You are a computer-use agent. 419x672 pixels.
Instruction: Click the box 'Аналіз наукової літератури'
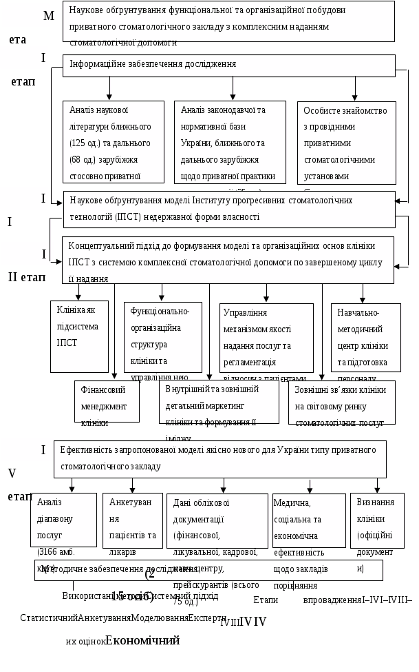[x=114, y=143]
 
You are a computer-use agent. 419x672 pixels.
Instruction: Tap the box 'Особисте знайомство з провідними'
[x=347, y=143]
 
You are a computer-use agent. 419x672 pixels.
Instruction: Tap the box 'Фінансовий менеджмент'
[x=107, y=402]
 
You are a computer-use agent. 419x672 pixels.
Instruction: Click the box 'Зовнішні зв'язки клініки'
[x=342, y=402]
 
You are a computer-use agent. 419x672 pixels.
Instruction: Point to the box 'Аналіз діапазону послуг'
[x=64, y=520]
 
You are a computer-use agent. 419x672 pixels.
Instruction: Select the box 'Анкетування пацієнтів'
[x=133, y=520]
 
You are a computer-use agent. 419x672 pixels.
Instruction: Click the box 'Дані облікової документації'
[x=217, y=520]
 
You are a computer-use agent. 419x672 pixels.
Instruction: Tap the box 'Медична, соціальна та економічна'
[x=309, y=520]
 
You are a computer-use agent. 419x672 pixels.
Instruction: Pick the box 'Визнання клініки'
[x=376, y=520]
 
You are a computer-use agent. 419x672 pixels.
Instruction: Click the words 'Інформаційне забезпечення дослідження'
[x=153, y=64]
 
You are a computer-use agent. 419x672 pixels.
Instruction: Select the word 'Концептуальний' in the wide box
[x=101, y=246]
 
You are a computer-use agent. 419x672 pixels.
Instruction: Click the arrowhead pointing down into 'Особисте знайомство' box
[x=355, y=97]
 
